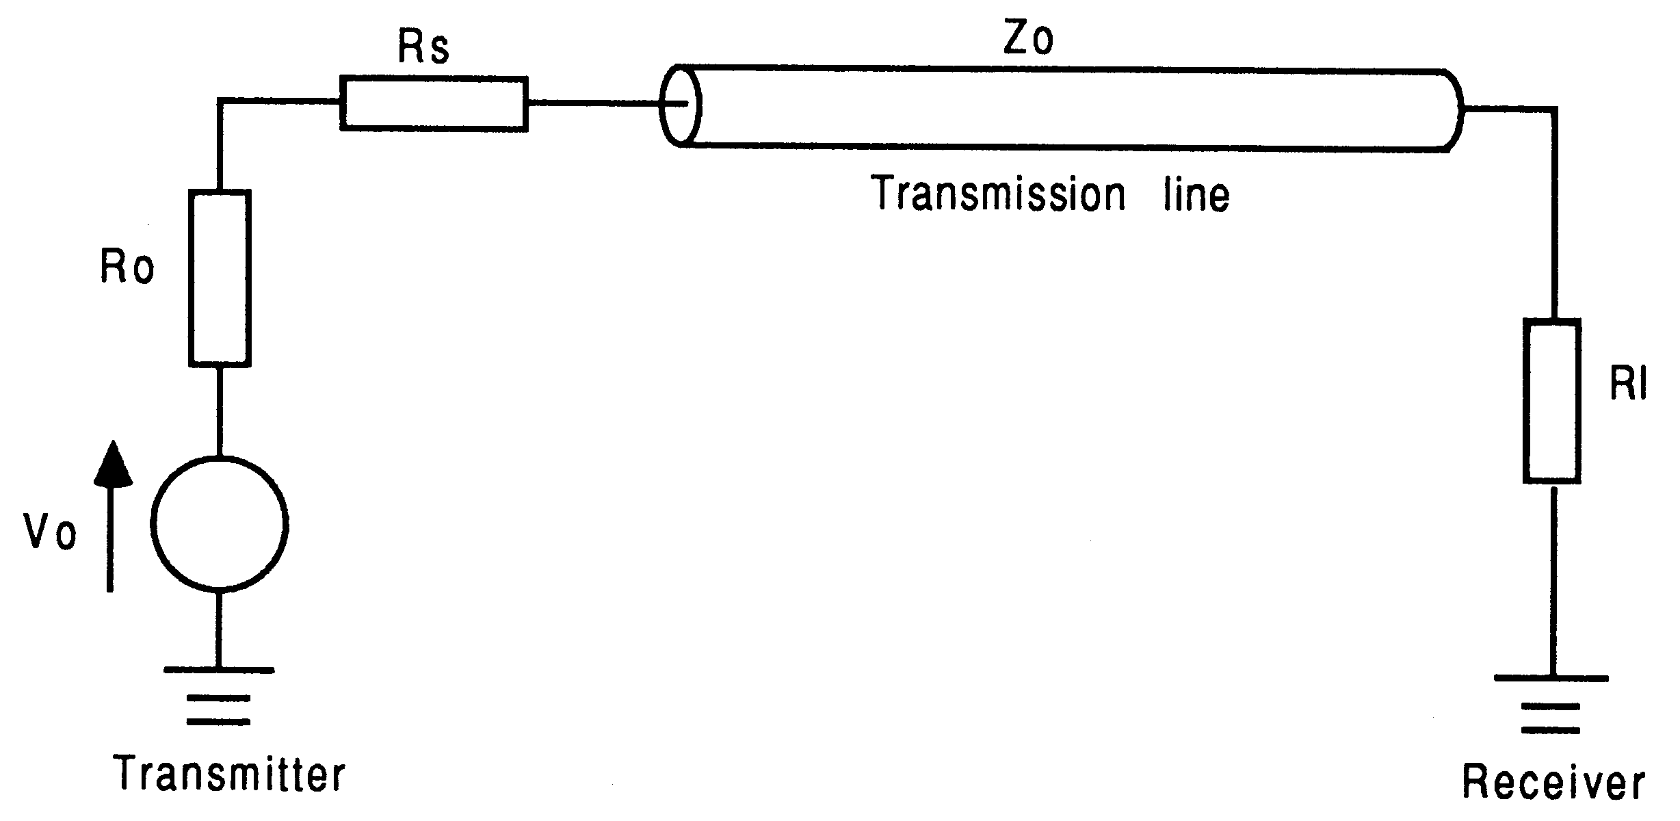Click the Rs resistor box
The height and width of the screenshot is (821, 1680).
point(434,104)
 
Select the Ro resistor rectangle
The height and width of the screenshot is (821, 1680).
point(219,278)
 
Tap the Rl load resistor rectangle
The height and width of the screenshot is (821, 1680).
point(1551,401)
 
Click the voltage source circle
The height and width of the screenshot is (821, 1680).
point(219,523)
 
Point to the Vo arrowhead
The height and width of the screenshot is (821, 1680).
point(112,464)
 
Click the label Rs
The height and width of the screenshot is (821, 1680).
point(423,48)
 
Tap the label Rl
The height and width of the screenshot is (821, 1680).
point(1628,385)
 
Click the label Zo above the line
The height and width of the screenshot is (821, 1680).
point(1027,40)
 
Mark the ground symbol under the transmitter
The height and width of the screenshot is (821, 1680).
point(219,694)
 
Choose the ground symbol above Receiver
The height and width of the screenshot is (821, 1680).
point(1551,705)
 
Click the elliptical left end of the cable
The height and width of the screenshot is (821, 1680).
point(680,105)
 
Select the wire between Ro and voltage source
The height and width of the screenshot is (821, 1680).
point(219,410)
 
